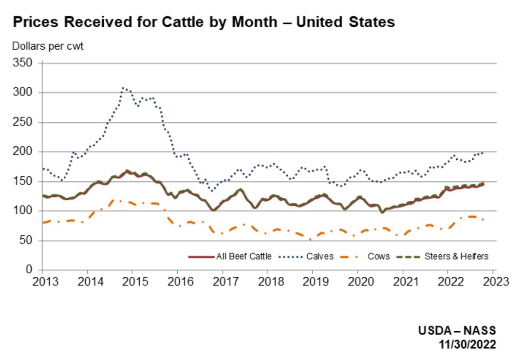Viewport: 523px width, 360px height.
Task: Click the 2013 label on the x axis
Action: tap(42, 282)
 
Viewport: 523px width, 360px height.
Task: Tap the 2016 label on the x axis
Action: tap(177, 282)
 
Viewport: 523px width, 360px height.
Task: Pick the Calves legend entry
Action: tap(319, 256)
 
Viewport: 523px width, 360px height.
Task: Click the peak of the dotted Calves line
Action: tap(123, 88)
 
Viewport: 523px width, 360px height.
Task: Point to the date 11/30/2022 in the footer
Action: tap(467, 344)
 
